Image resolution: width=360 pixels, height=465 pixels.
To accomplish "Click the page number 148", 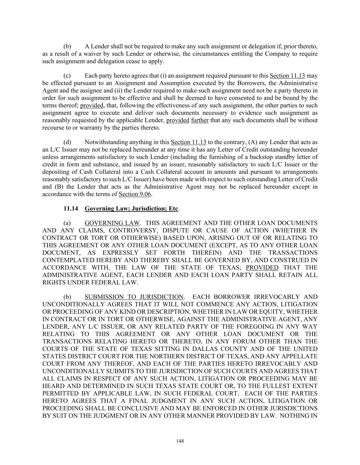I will [x=180, y=441].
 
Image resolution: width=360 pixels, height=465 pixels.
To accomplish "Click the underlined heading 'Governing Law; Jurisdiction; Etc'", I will [x=131, y=208].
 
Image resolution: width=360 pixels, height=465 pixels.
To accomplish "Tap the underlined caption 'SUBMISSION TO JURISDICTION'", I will [x=134, y=297].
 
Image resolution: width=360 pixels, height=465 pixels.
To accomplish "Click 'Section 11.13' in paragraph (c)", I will [x=287, y=76].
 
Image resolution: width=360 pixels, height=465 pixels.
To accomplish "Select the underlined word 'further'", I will [x=200, y=120].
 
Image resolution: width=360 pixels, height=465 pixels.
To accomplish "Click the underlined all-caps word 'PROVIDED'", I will [x=262, y=268].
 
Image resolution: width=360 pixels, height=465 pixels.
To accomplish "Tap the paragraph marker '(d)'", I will [x=67, y=142].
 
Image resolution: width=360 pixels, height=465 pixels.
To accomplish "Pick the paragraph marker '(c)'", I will [x=67, y=76].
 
